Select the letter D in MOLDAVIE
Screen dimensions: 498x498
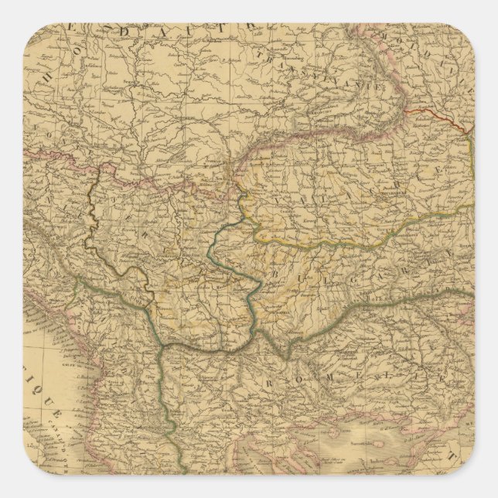pos(423,48)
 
